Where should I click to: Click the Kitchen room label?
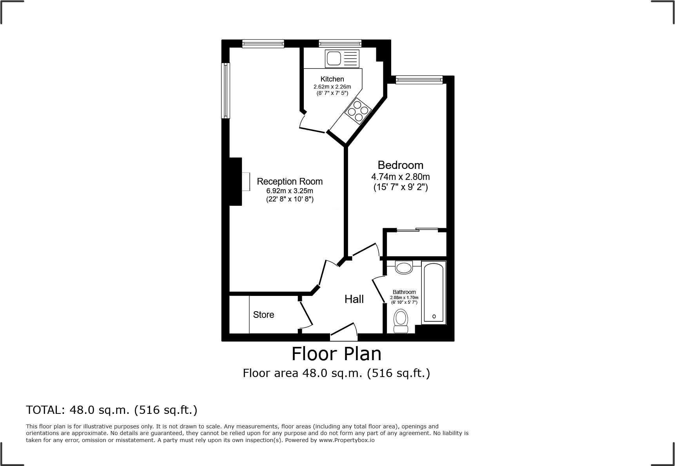(x=332, y=79)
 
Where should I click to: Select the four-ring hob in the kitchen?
(x=358, y=111)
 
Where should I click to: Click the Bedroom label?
(x=400, y=165)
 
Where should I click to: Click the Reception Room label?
(x=290, y=181)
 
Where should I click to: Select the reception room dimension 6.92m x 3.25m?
(x=290, y=191)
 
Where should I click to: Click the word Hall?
(x=354, y=299)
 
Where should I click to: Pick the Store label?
(x=263, y=315)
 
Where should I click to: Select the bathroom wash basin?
(x=404, y=268)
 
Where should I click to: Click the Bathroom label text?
(x=404, y=292)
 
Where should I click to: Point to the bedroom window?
(x=419, y=80)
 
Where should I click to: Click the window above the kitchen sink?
(x=340, y=44)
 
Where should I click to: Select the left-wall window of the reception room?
(x=225, y=90)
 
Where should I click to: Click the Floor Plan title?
(x=336, y=354)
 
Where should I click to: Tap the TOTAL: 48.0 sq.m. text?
(x=112, y=410)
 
